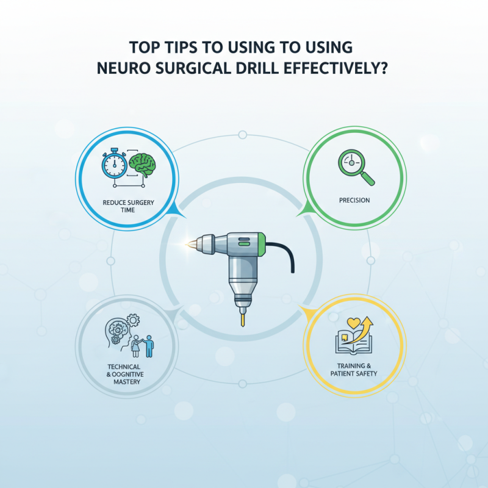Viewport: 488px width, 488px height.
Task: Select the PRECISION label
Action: point(354,200)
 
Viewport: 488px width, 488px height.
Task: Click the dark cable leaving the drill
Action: point(287,256)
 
